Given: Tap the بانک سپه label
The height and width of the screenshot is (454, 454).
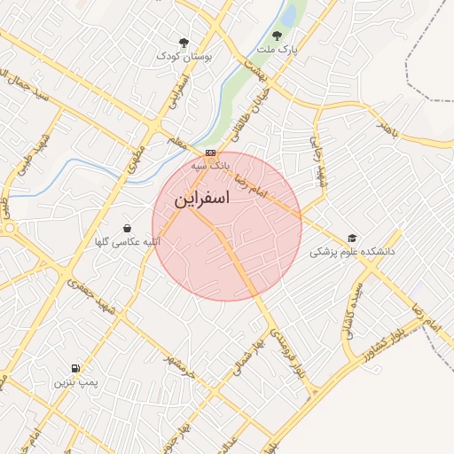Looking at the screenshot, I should pos(212,165).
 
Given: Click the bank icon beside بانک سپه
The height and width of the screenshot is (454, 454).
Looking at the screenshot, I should pos(210,153).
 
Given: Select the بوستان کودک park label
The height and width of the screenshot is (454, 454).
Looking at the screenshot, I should pos(185,56).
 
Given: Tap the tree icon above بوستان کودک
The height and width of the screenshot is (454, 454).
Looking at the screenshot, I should pos(184,43).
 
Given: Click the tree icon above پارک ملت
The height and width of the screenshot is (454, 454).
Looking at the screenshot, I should pos(277,36).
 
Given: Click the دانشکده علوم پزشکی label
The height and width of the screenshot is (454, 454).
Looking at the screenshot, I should pos(352,252).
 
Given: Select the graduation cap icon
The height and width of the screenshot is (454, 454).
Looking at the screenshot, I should pos(352,239).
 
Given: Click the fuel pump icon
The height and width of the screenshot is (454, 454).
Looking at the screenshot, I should pos(75,368).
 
